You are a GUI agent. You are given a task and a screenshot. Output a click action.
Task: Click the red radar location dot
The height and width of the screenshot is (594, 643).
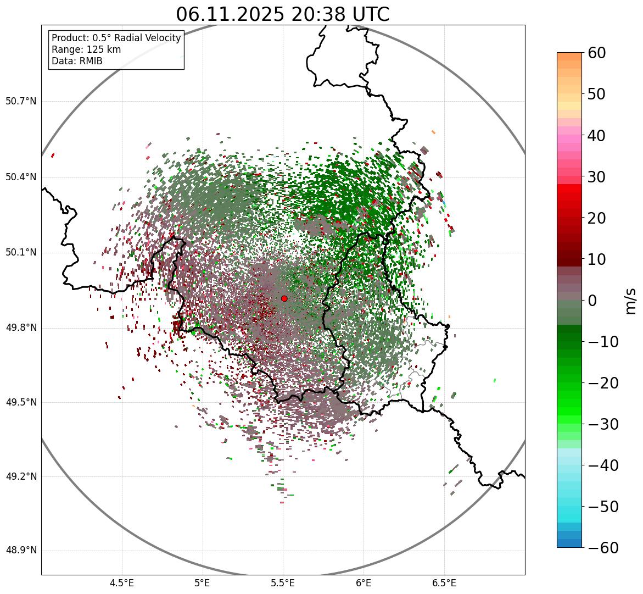coord(284,298)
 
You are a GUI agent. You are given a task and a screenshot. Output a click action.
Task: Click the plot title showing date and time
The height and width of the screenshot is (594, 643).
coord(282,14)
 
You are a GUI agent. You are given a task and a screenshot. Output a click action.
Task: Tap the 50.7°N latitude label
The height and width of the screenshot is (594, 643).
coord(21,101)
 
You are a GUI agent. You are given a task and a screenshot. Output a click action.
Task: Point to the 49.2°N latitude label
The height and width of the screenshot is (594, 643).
coord(21,476)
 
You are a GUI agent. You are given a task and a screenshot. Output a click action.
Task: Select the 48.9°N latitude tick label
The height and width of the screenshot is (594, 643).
coord(21,551)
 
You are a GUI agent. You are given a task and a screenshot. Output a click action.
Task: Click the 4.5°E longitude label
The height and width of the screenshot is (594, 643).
coord(122,583)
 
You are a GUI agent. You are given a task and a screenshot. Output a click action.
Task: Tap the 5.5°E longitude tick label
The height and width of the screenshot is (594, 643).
coord(283,583)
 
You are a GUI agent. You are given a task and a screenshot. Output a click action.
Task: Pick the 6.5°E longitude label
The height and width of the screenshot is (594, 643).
coord(444,583)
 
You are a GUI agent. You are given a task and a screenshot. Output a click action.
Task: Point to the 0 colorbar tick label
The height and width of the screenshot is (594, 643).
coord(592,301)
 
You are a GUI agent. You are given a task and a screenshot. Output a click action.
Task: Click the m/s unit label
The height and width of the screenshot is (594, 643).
coord(631,301)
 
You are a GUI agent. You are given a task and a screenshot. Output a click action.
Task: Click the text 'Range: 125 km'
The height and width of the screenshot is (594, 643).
coord(86,49)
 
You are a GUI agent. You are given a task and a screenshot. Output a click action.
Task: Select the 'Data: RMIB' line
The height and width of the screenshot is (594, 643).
coord(77,61)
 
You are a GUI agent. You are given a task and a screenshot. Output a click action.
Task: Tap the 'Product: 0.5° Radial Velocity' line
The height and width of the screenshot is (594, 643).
coord(116,38)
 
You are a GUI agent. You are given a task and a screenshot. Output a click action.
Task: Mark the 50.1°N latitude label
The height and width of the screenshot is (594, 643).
coord(21,252)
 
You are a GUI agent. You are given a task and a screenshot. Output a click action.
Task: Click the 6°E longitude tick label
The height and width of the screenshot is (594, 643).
coord(364,583)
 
